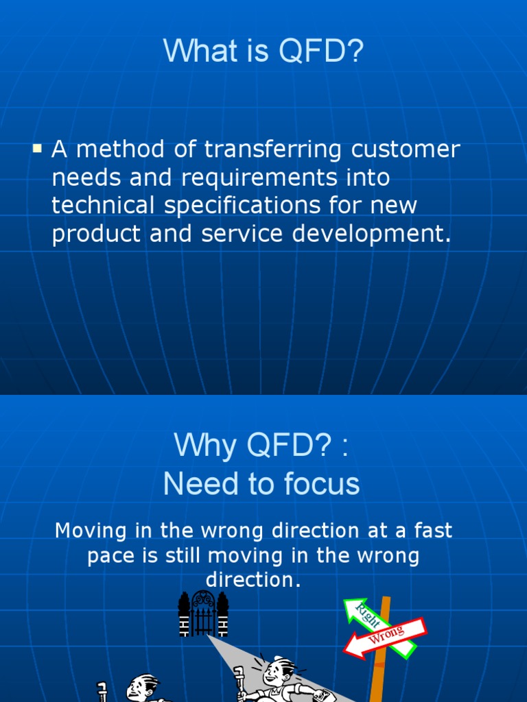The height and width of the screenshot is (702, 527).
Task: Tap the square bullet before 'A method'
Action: point(38,147)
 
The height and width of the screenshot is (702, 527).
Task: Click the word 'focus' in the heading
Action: point(324,485)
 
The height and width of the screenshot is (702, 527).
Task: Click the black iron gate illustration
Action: point(203,613)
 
